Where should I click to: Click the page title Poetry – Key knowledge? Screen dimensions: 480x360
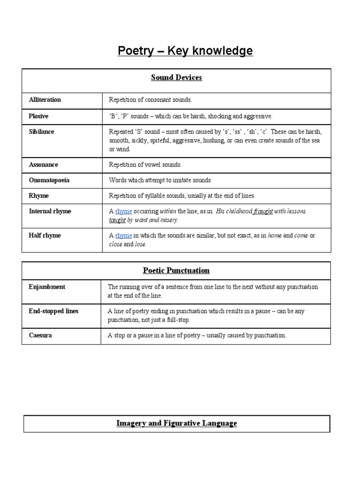point(185,51)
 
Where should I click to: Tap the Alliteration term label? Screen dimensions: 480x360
point(45,100)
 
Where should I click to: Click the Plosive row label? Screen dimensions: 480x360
point(38,116)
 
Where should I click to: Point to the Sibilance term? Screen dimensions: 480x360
point(41,132)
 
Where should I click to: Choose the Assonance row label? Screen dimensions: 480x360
point(43,165)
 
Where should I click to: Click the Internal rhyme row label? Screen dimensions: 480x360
point(50,211)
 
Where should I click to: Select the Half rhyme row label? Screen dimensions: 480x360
point(45,235)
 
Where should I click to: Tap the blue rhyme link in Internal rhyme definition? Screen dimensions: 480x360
point(124,211)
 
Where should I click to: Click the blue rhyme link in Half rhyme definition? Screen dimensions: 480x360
point(124,235)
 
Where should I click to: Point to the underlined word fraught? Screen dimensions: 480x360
point(263,211)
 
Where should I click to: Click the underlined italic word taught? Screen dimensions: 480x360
point(117,220)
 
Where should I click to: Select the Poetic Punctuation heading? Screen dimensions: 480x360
point(176,270)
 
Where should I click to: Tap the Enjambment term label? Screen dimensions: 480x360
point(47,286)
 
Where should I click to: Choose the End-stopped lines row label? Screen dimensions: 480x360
point(53,311)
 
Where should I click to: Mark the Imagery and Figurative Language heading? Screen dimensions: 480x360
point(177,423)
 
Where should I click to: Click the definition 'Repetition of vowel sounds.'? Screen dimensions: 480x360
point(145,165)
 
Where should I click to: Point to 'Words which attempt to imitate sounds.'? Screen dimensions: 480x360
point(160,180)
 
